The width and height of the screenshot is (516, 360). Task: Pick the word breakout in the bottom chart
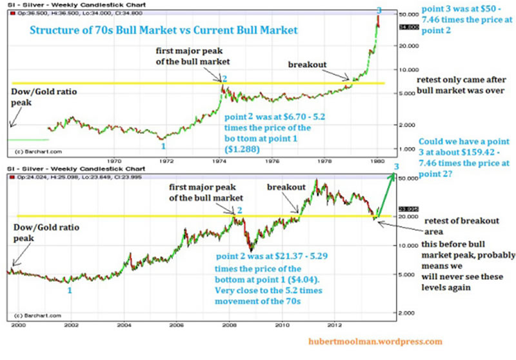point(286,186)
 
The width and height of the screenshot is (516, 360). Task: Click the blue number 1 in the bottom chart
point(70,290)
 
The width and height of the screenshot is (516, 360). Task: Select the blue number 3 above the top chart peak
point(379,10)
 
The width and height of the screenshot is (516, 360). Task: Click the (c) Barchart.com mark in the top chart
point(33,152)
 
